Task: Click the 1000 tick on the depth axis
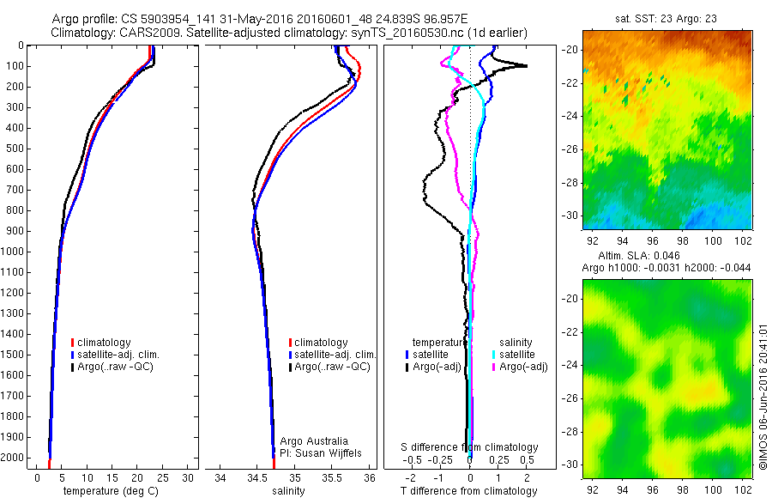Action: (15, 252)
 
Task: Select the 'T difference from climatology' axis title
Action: (468, 491)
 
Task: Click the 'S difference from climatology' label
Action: (470, 447)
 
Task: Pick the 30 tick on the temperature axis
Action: (189, 477)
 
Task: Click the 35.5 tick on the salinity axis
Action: (332, 477)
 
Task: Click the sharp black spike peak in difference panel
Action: (526, 66)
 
